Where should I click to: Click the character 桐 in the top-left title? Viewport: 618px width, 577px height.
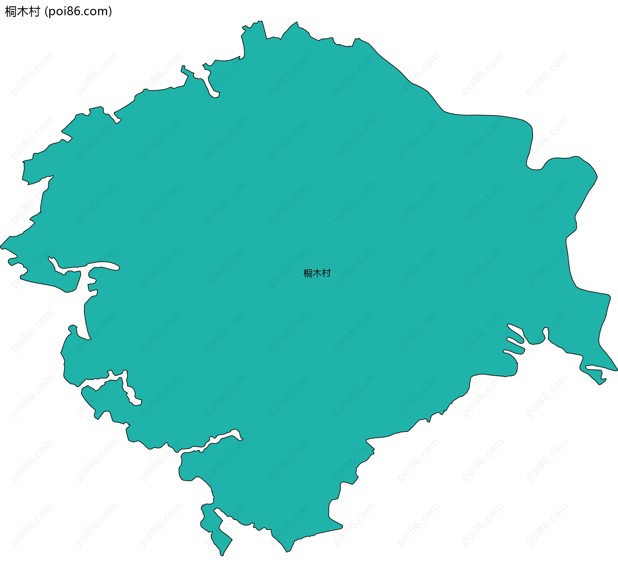pos(11,12)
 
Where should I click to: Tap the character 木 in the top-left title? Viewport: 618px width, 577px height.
pos(22,12)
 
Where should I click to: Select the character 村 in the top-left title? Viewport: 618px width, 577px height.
pos(34,12)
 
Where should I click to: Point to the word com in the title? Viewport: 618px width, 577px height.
pos(97,12)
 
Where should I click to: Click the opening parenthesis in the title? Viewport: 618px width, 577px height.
pos(46,12)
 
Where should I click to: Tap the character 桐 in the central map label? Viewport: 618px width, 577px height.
pos(308,274)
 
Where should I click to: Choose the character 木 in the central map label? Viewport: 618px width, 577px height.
pos(317,274)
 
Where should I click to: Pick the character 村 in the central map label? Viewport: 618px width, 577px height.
pos(326,274)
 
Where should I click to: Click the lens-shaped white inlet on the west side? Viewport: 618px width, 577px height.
pos(103,266)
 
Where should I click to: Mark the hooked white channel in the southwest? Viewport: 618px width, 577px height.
pos(130,391)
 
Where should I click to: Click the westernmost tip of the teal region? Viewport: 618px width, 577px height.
pos(1,247)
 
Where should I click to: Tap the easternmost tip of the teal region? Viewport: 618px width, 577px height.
pos(617,370)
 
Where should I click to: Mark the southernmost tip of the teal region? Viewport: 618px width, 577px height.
pos(222,556)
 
